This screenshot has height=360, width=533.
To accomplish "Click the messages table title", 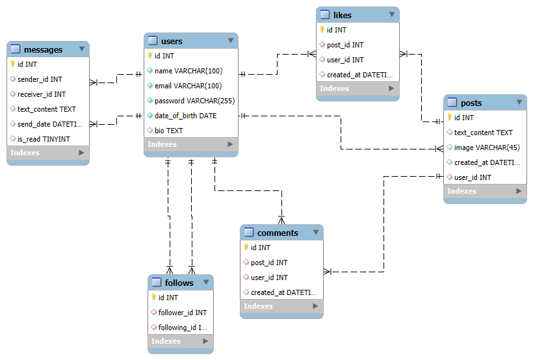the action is click(43, 49).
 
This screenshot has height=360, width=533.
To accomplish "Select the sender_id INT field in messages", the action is click(40, 79).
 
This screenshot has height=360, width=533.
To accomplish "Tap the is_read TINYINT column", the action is click(44, 139).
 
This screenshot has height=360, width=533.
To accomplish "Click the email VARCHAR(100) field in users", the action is click(188, 86).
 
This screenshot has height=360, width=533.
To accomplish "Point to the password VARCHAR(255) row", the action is click(194, 101).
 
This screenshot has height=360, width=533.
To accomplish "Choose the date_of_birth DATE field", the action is click(185, 116).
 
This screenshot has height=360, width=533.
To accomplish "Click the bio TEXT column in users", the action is click(168, 131).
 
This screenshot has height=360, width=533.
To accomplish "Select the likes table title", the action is click(343, 16).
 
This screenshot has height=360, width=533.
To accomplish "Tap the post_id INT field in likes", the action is click(345, 45).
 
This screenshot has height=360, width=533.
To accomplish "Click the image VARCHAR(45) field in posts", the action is click(487, 148).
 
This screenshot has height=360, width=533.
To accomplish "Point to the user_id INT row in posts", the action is click(473, 177).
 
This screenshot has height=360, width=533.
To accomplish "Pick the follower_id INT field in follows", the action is click(183, 313).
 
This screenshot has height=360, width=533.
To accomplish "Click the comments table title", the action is click(278, 233).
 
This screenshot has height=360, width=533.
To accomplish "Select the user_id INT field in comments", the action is click(269, 277).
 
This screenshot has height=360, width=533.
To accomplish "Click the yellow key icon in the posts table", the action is click(449, 117).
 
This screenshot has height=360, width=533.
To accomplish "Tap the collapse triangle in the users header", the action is click(231, 40).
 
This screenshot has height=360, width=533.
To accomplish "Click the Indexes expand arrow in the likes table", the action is click(391, 88).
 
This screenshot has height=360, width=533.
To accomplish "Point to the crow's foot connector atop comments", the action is click(281, 220).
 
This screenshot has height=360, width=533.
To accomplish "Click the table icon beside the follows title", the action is click(157, 282).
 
